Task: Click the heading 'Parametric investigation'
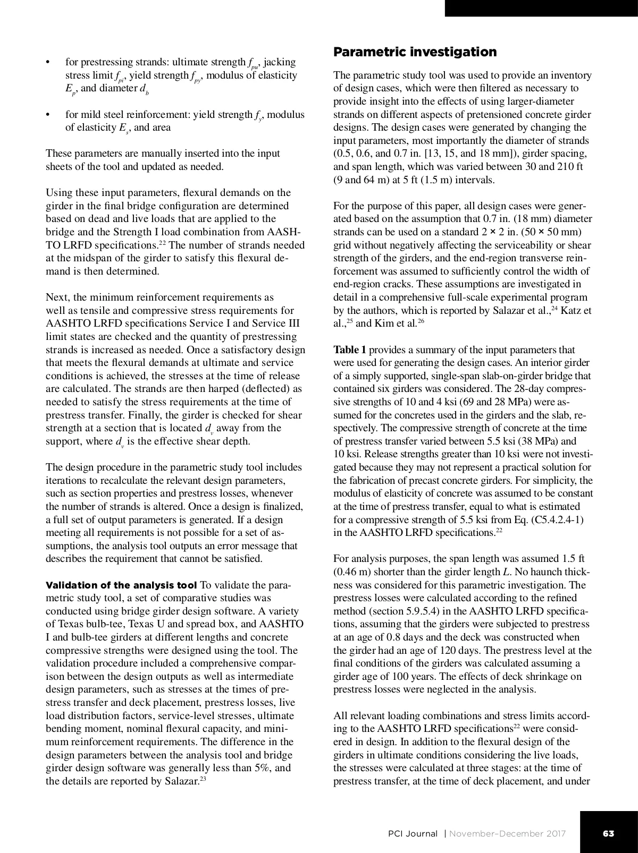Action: coord(415,52)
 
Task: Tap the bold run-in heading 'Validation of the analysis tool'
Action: coord(121,585)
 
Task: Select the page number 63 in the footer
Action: coord(608,833)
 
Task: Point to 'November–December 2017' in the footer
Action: coord(507,833)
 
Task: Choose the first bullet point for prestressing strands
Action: coord(48,63)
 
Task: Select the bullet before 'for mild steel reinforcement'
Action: coord(48,115)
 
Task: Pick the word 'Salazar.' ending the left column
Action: coord(182,781)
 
